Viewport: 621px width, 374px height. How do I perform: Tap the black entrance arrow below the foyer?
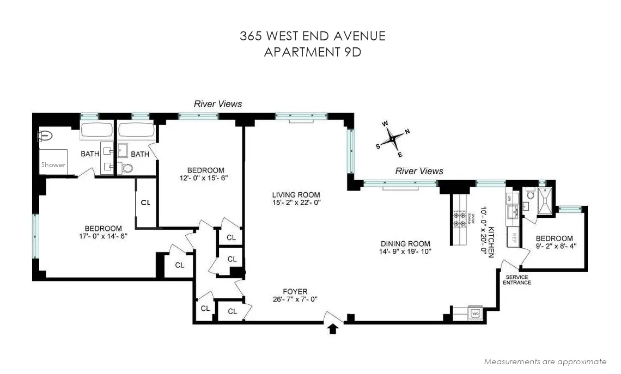click(333, 328)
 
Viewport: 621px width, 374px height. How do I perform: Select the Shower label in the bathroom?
click(53, 164)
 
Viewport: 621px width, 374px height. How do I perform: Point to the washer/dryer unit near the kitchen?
click(475, 314)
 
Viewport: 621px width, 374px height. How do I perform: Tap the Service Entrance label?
click(516, 280)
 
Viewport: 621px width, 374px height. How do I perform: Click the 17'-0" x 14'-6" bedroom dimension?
click(102, 236)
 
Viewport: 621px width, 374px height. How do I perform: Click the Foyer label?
click(295, 292)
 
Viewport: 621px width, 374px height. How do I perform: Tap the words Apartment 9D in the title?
click(313, 52)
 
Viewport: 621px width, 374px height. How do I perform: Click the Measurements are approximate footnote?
click(545, 361)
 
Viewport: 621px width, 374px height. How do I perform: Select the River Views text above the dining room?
click(419, 171)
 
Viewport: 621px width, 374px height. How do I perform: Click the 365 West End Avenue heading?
click(313, 36)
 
